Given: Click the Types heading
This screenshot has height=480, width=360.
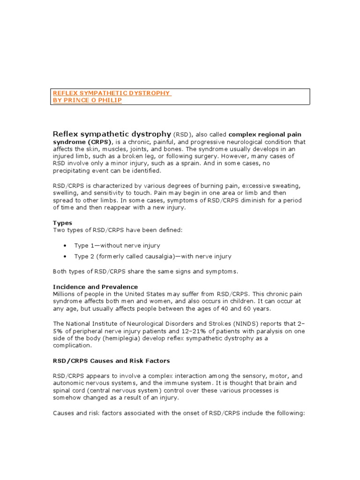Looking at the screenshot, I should point(62,223).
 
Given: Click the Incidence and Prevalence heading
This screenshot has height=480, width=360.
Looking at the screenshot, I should point(95,286).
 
